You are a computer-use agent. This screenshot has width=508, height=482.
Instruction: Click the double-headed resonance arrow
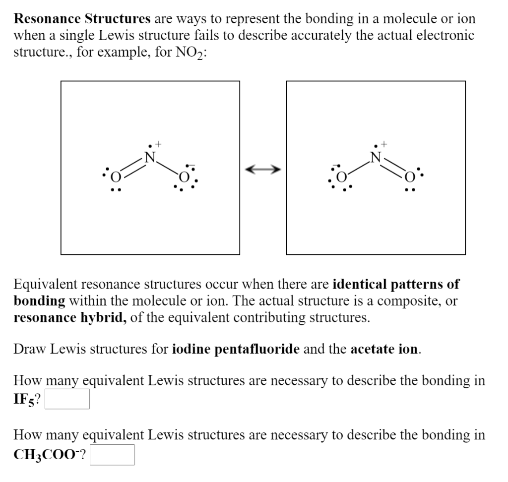click(x=263, y=170)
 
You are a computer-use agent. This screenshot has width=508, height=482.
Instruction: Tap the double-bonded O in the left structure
click(x=116, y=177)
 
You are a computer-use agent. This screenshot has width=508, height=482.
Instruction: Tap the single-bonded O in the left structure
click(x=184, y=177)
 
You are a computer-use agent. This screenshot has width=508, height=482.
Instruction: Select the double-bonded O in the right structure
click(x=410, y=177)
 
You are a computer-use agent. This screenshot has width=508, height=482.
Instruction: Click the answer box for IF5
click(x=67, y=399)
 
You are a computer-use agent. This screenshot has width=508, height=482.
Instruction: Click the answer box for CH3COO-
click(x=113, y=454)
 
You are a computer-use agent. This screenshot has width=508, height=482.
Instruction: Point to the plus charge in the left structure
click(x=158, y=145)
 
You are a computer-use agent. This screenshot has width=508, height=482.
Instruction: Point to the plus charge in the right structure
click(x=384, y=145)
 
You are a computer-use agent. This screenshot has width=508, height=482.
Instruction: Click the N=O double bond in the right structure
click(x=393, y=167)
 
